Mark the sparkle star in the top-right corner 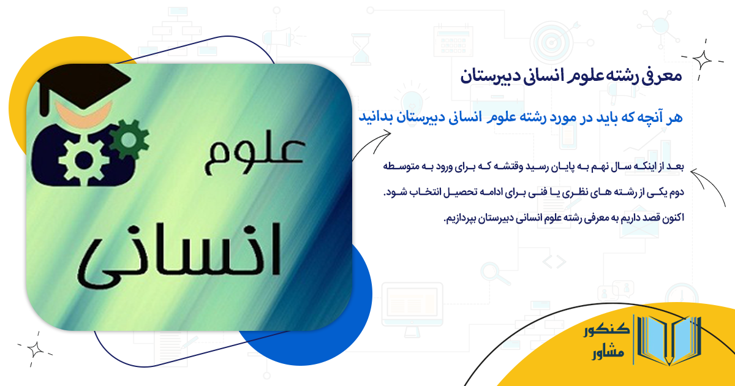[x=704, y=59]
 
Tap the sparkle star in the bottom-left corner [x=35, y=349]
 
